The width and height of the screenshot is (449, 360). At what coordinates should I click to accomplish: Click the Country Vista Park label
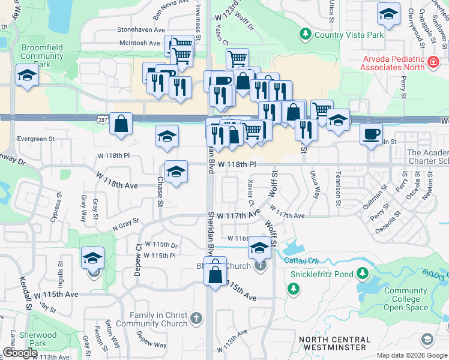coord(348,35)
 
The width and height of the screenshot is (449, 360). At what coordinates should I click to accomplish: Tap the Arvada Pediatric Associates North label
coord(393,62)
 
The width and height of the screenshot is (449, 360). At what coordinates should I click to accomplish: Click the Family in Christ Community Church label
coord(159,319)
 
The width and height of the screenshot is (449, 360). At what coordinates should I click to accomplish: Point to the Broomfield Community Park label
coord(42,56)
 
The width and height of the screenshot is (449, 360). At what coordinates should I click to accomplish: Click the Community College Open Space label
coord(405,299)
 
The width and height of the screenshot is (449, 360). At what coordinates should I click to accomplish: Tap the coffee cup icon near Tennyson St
coord(371,134)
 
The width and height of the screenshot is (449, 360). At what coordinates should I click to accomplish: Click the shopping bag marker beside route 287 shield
coord(121,124)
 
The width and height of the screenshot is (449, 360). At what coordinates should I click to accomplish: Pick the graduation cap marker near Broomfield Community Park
coord(27,76)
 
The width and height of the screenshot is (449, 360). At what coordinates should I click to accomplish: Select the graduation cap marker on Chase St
coord(176,173)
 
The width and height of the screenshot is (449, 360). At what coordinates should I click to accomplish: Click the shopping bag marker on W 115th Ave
coord(215,275)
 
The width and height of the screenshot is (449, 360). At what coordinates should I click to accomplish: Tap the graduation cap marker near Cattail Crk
coord(259,247)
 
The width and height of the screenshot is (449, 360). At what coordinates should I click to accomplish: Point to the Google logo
coord(19,353)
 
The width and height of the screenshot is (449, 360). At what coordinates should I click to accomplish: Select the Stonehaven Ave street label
coord(141,29)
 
